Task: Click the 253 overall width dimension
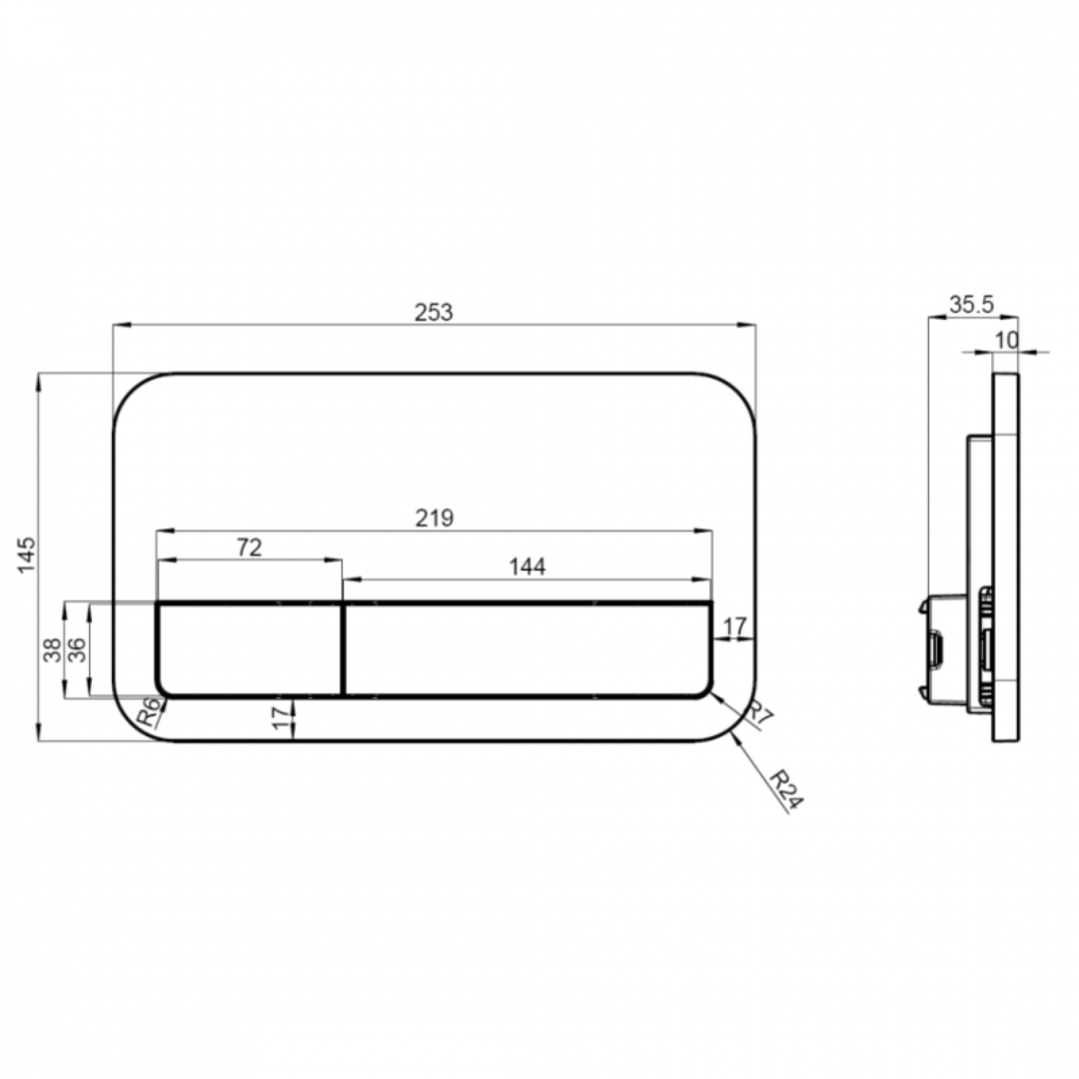pos(434,312)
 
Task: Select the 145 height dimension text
pos(26,554)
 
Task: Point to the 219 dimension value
pos(435,518)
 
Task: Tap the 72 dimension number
pos(249,546)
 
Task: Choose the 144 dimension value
pos(527,566)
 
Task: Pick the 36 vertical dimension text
pos(76,650)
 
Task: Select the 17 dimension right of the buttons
pos(734,627)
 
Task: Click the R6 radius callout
pos(148,712)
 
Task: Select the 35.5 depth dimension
pos(971,305)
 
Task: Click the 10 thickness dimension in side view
pos(1006,340)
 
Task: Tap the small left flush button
pos(250,649)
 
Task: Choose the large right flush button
pos(528,649)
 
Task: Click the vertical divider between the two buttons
pos(343,649)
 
